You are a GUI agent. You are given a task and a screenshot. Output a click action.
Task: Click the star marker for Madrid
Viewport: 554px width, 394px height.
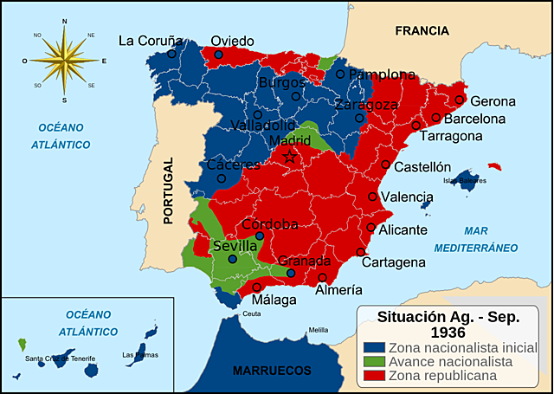click(x=291, y=157)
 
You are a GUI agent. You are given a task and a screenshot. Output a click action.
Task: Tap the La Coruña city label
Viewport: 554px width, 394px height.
click(x=151, y=40)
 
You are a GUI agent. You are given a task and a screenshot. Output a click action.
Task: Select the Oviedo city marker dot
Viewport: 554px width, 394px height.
click(x=218, y=55)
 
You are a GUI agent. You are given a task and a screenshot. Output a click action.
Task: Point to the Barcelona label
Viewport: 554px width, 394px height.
click(x=474, y=119)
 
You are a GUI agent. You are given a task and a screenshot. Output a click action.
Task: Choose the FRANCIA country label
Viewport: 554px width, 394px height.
click(x=422, y=30)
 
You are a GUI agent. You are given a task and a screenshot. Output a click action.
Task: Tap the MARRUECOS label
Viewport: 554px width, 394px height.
click(x=272, y=370)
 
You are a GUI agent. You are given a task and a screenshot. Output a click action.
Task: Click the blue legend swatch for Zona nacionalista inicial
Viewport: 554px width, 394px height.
click(x=372, y=348)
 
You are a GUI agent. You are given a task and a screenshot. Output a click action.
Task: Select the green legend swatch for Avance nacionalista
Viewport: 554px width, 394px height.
click(x=372, y=362)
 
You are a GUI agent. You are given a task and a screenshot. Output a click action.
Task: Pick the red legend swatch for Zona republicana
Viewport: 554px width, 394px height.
click(x=372, y=376)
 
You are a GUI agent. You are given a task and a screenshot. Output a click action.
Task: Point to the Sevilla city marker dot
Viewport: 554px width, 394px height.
click(x=232, y=258)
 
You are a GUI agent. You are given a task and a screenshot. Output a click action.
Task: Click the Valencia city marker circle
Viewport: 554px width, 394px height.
click(x=373, y=197)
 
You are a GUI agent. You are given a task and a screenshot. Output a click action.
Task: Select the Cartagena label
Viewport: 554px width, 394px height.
click(x=393, y=262)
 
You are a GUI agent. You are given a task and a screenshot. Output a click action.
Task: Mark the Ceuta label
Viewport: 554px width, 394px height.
click(x=251, y=313)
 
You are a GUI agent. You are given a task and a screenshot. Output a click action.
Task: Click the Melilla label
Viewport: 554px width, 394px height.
click(x=319, y=330)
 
